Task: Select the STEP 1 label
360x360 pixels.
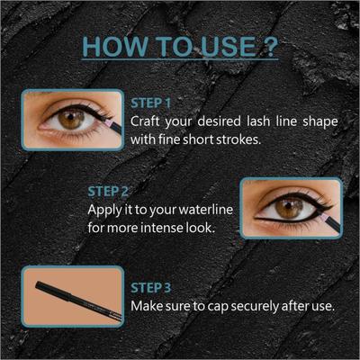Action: pos(150,102)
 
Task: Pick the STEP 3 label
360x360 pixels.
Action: pos(150,288)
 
